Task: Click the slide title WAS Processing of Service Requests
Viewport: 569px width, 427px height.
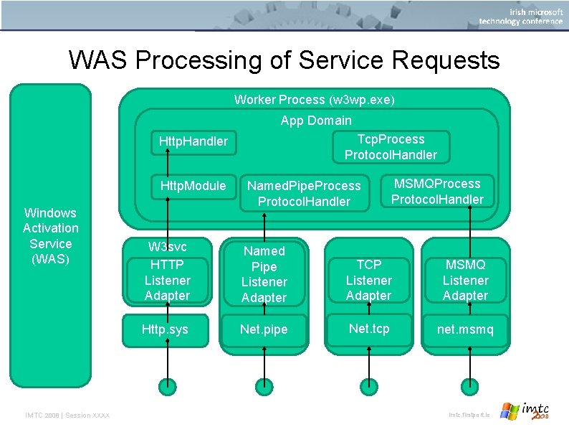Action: tap(284, 60)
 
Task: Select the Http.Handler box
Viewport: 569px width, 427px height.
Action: tap(193, 141)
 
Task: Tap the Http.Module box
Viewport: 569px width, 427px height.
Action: tap(193, 187)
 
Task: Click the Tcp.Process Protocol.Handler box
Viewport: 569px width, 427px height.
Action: tap(391, 146)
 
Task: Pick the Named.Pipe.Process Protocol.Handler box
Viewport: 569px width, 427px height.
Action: tap(304, 193)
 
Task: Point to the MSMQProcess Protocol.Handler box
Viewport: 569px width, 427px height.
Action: tap(437, 191)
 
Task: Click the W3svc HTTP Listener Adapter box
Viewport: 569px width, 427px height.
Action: tap(167, 271)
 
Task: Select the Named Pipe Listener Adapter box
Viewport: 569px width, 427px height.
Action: tap(264, 273)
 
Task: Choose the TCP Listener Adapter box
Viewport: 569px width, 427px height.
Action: tap(368, 280)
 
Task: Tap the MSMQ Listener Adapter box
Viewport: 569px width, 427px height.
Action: tap(465, 280)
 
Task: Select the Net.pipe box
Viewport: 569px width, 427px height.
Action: tap(264, 329)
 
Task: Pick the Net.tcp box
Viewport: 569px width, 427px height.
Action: tap(368, 329)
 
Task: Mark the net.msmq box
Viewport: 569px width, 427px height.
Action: tap(465, 330)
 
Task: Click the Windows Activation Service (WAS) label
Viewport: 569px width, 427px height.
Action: tap(50, 235)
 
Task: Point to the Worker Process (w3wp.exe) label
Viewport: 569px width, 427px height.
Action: tap(314, 99)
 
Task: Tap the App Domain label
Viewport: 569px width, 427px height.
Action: tap(316, 121)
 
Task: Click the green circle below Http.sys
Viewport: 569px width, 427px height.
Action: tap(166, 387)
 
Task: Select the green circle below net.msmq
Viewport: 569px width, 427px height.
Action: tap(466, 387)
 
